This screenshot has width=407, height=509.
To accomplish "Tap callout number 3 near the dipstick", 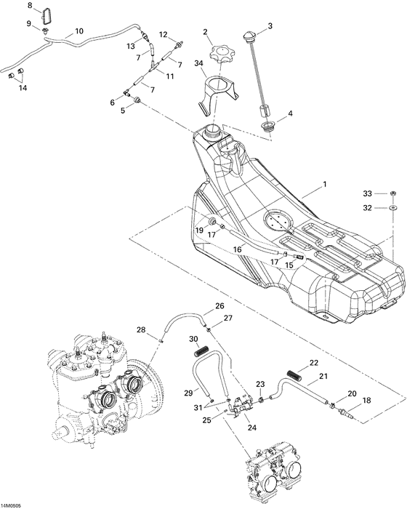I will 270,27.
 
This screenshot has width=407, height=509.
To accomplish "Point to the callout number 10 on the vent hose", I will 78,32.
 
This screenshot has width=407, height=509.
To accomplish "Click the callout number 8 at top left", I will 31,6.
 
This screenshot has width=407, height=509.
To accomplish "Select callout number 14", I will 23,88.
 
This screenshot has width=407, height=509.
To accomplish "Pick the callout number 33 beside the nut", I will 368,193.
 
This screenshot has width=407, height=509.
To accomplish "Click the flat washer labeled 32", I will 392,208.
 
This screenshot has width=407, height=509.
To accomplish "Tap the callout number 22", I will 313,362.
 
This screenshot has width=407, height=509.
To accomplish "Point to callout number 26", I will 219,306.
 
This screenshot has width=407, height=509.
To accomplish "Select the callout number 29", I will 188,393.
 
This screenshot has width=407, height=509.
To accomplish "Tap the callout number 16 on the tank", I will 237,249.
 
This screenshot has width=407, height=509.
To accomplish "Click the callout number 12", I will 164,34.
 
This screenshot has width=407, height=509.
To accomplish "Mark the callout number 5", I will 124,111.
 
